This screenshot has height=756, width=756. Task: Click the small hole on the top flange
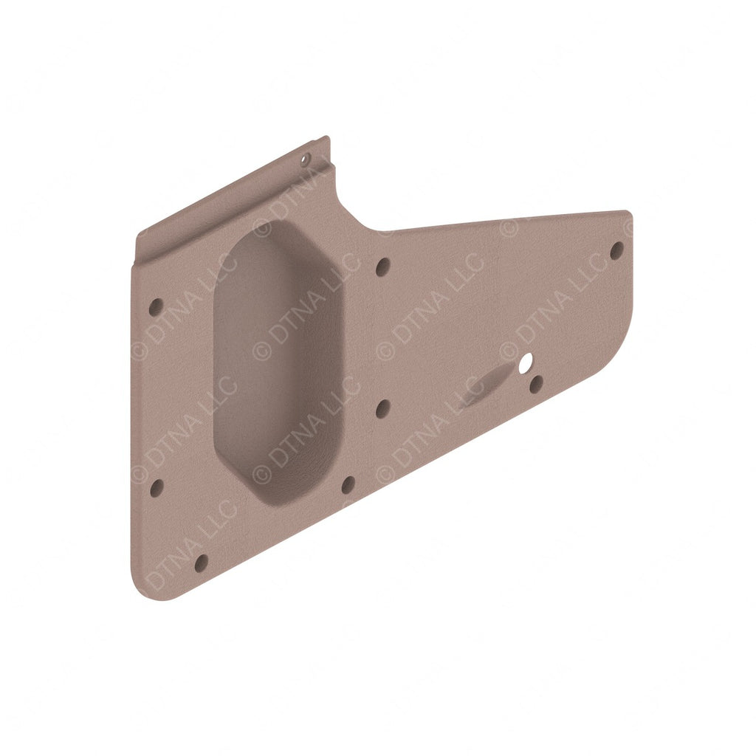306,158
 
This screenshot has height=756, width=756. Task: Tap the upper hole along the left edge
156,306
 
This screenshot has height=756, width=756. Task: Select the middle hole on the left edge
157,487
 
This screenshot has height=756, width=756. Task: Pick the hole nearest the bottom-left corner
201,563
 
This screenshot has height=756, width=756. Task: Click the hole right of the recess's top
382,267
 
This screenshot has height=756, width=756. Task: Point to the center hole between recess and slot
382,408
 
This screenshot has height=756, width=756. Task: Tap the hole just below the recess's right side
347,485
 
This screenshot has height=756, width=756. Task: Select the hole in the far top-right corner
616,251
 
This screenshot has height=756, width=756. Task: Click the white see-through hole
526,362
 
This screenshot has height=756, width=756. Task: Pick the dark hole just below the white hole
537,384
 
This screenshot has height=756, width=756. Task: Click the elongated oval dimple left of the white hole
487,384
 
